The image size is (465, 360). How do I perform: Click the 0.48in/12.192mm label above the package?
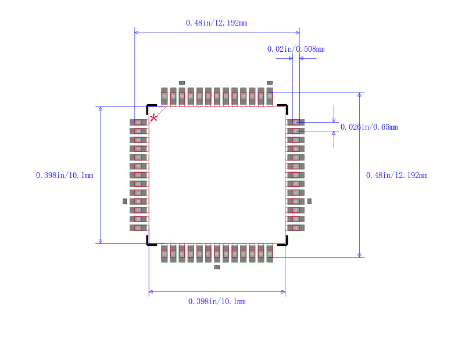[x=216, y=23]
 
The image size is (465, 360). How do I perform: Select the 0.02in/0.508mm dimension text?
[x=296, y=49]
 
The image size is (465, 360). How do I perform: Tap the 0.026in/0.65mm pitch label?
[x=369, y=127]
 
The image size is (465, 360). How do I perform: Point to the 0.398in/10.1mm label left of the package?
[x=65, y=175]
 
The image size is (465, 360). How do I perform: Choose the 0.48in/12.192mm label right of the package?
[x=396, y=175]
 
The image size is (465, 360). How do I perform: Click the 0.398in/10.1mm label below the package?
[x=217, y=301]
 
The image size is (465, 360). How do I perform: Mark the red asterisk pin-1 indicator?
[x=153, y=119]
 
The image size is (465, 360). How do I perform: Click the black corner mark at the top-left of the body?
[x=150, y=108]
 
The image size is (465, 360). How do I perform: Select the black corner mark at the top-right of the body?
[x=284, y=108]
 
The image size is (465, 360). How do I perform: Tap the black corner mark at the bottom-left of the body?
[x=150, y=242]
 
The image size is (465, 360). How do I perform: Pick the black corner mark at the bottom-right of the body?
[x=284, y=242]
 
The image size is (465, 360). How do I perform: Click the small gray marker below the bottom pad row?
[x=217, y=268]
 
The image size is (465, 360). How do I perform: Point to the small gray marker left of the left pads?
[x=124, y=201]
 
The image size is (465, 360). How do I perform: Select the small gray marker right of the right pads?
[x=309, y=201]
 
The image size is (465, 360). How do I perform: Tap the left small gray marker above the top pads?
[x=181, y=83]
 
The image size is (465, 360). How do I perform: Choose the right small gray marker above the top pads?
[x=270, y=83]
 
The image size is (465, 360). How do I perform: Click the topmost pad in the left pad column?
[x=139, y=122]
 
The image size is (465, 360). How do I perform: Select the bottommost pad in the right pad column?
[x=295, y=227]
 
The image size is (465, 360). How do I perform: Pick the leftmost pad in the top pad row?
[x=164, y=96]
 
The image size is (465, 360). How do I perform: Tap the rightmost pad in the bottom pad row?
[x=270, y=253]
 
